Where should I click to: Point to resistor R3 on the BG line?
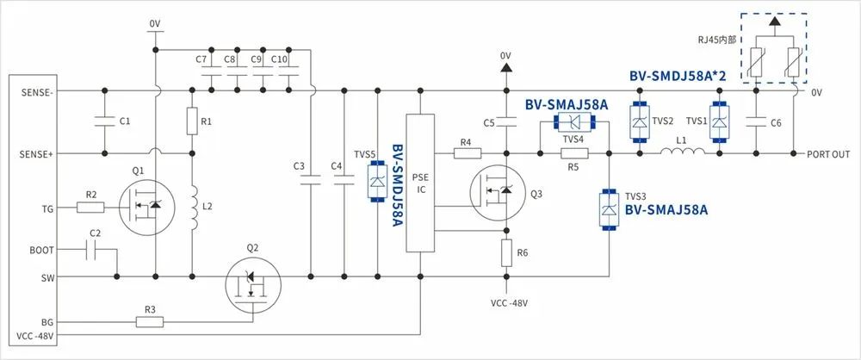pyautogui.click(x=150, y=321)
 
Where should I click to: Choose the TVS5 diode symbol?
pyautogui.click(x=376, y=183)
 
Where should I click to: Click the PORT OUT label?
pyautogui.click(x=830, y=155)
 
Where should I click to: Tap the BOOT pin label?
pyautogui.click(x=40, y=250)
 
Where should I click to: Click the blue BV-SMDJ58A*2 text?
pyautogui.click(x=678, y=77)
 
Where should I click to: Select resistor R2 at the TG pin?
pyautogui.click(x=90, y=207)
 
